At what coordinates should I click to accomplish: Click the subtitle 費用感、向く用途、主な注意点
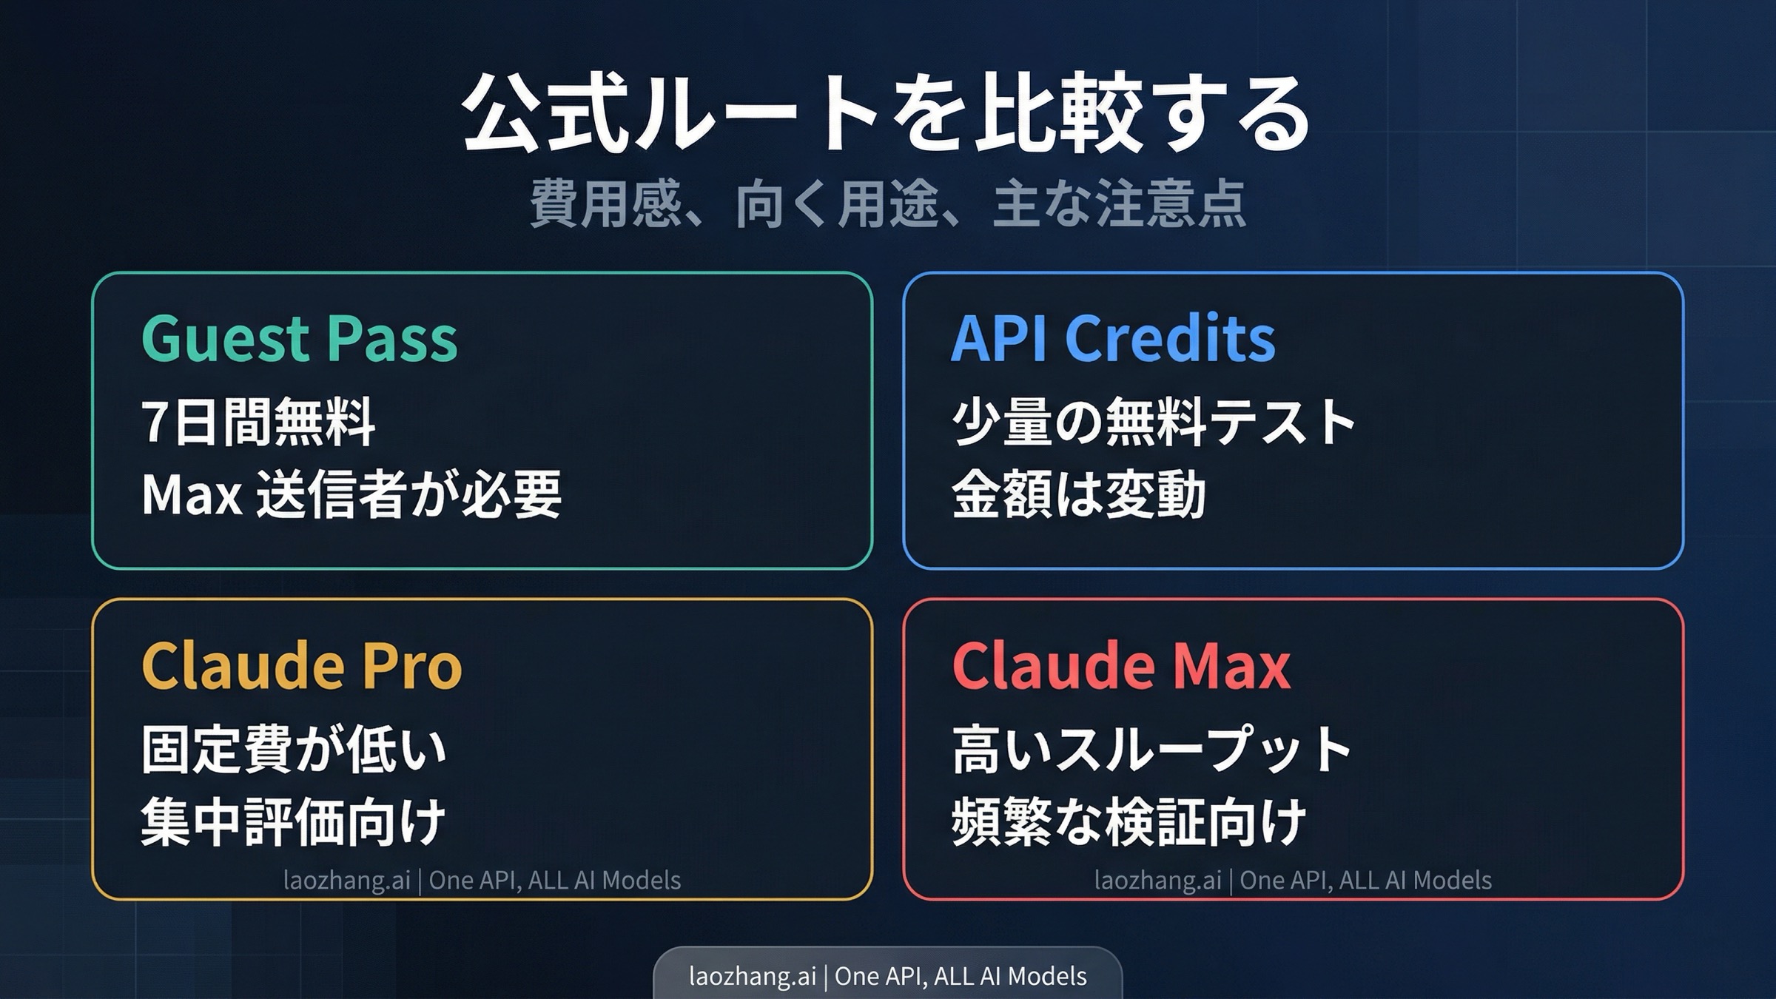pos(888,204)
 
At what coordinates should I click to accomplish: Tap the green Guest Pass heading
pos(299,339)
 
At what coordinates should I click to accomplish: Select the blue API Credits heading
pos(1113,339)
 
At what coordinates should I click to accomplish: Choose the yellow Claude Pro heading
pos(301,666)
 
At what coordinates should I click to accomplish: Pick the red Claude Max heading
pos(1121,666)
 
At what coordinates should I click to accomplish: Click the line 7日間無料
pos(258,423)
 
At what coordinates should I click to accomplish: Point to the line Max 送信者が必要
pos(351,494)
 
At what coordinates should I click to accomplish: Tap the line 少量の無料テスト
pos(1153,423)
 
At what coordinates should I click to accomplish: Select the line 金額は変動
pos(1078,494)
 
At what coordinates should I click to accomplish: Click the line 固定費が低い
pos(294,750)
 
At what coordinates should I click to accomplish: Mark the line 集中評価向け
pos(293,821)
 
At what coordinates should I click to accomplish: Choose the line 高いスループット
pos(1152,750)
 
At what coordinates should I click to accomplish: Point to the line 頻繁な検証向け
pos(1128,821)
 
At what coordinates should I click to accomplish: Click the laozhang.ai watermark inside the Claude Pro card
pos(482,881)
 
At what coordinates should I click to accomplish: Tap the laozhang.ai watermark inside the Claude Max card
pos(1293,881)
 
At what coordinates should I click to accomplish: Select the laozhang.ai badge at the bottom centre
pos(887,976)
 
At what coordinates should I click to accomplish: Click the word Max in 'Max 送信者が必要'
pos(192,494)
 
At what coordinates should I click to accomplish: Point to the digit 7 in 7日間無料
pos(153,423)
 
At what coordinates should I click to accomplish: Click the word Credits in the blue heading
pos(1169,339)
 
